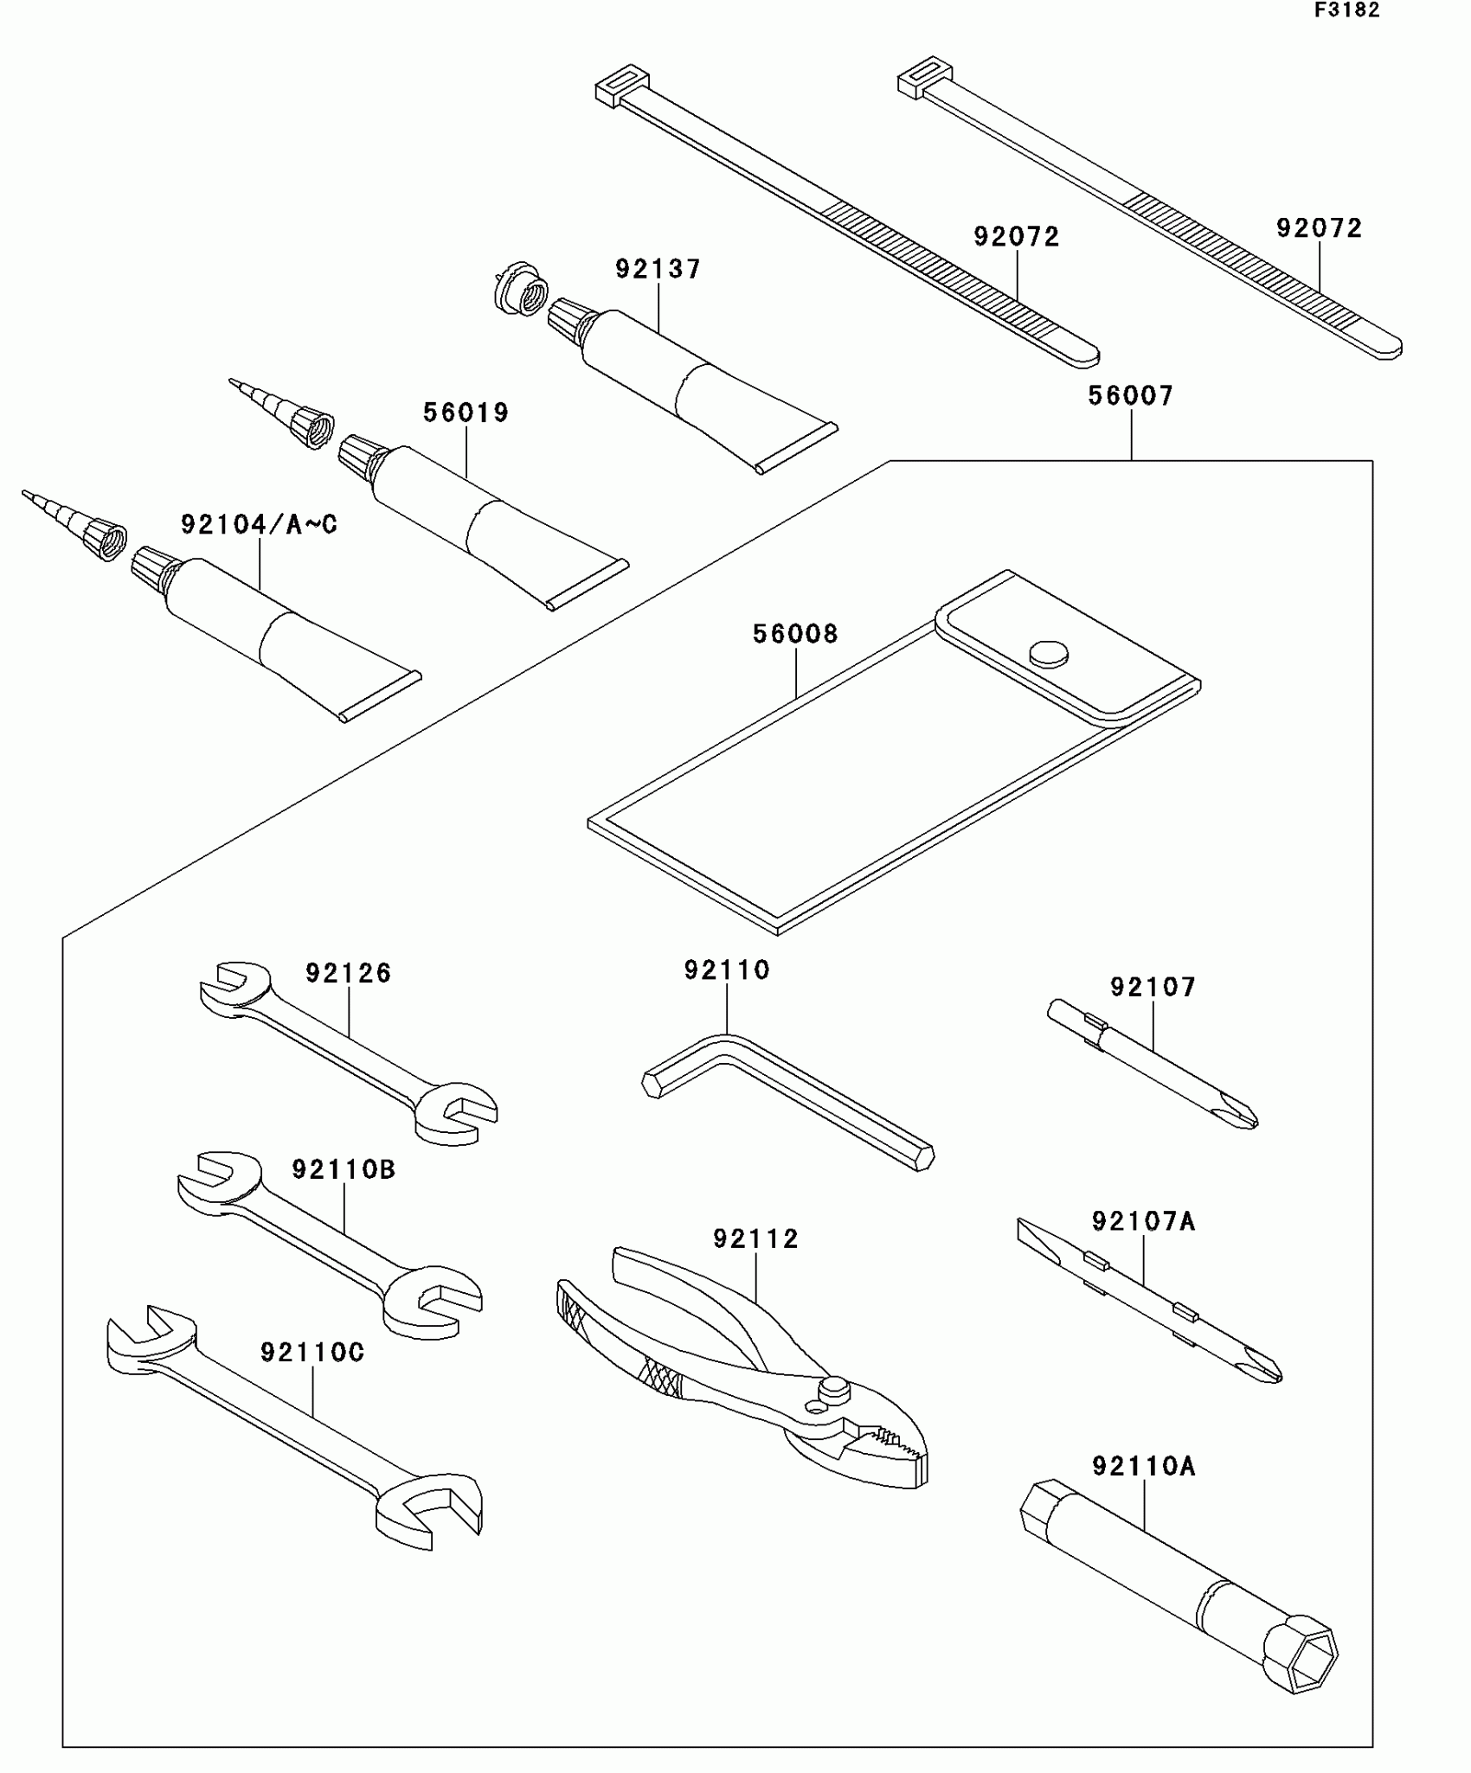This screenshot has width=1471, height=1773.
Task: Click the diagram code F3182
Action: coord(1347,10)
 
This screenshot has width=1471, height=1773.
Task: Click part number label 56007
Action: coord(1130,396)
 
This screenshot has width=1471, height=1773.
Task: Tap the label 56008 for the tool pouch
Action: coord(795,634)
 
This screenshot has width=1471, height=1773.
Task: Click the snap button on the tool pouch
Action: coord(1048,653)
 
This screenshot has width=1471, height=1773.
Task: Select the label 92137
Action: coord(658,269)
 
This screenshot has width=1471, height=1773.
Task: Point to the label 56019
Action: coord(466,413)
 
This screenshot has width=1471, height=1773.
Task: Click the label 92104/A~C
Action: coord(259,525)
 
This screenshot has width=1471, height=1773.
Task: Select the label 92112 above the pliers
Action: coord(755,1239)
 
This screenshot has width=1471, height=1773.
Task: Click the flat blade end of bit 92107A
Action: coord(1030,1232)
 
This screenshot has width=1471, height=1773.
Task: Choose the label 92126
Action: coord(348,974)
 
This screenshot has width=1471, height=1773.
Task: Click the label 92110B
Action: coord(344,1170)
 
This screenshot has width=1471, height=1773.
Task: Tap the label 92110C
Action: coord(312,1353)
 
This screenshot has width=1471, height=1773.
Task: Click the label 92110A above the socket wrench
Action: coord(1143,1467)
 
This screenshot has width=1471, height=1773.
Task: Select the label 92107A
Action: coord(1143,1222)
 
